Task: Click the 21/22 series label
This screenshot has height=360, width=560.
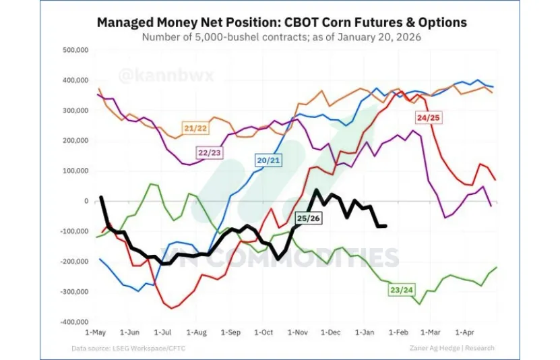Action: [195, 127]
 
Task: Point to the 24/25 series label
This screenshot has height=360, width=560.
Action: [429, 117]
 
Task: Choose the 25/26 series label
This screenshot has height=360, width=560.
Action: [308, 218]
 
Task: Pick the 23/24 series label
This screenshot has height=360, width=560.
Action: [402, 290]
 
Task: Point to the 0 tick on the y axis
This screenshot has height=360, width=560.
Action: [86, 201]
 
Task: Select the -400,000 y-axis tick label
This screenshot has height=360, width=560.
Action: [73, 322]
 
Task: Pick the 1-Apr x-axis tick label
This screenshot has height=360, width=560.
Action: [466, 332]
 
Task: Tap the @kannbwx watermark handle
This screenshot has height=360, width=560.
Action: [166, 75]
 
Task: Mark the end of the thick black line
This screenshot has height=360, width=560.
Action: [385, 226]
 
